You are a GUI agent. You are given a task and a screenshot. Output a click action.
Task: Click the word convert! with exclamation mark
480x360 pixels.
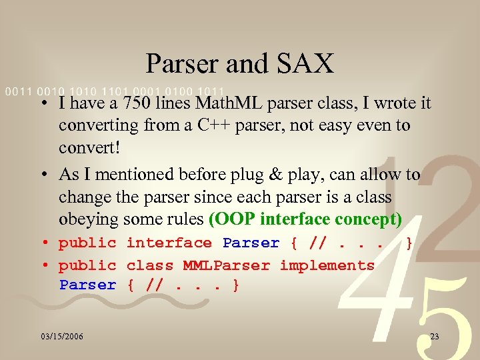[x=89, y=147]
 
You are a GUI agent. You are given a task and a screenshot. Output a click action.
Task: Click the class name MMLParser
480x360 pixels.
[x=227, y=265]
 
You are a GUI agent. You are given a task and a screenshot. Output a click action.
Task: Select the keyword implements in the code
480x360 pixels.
[x=327, y=265]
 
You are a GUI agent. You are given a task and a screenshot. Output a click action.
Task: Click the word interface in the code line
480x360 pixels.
[x=169, y=243]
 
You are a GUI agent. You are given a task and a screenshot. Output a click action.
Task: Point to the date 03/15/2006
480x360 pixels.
[x=61, y=337]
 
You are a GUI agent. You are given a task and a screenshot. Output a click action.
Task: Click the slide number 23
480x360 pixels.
[x=435, y=337]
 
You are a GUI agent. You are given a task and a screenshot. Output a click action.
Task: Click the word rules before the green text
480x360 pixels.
[x=185, y=219]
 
